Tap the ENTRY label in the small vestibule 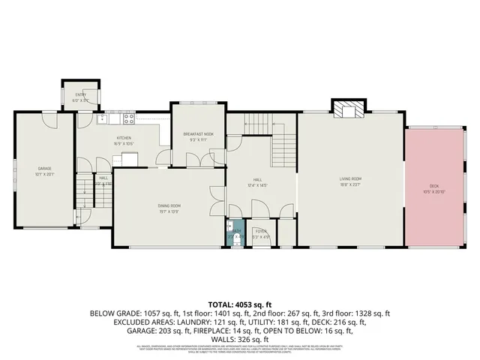point(80,94)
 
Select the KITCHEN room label point(124,138)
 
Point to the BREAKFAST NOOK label point(199,133)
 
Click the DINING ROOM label point(169,206)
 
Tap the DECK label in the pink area point(433,184)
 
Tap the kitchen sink point(102,118)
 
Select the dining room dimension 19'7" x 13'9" point(169,211)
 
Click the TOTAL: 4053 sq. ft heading point(240,303)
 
